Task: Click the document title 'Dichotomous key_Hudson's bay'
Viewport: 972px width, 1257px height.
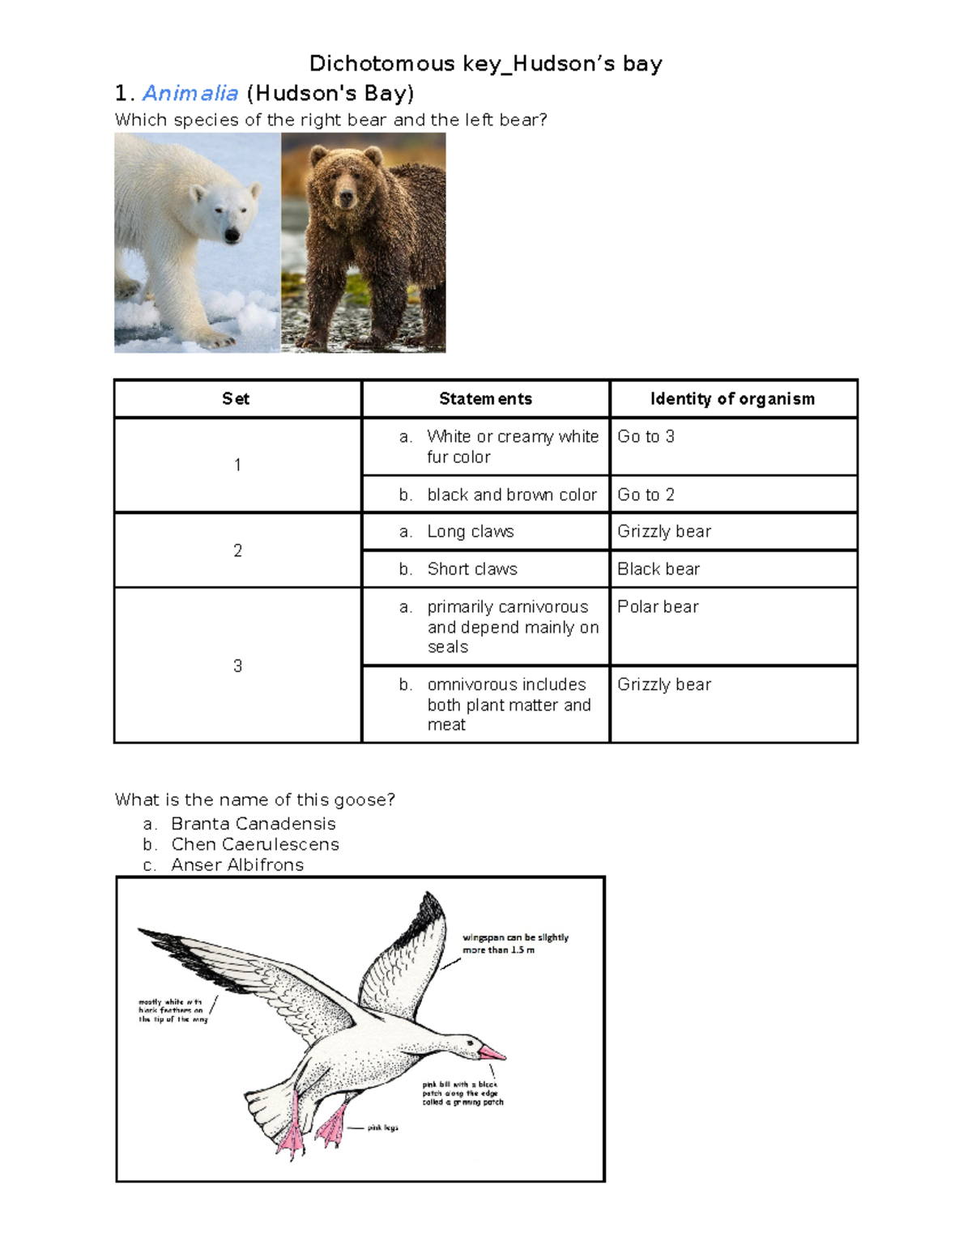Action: [x=486, y=63]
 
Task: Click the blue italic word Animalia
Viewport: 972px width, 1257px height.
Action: [x=190, y=93]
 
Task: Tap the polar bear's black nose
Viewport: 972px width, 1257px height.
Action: [x=232, y=236]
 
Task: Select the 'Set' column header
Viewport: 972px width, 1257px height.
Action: [x=236, y=398]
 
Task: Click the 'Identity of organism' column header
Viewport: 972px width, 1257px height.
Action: [x=732, y=398]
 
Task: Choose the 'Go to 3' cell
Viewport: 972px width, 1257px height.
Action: [x=646, y=436]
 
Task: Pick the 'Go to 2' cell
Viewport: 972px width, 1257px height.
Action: [x=646, y=495]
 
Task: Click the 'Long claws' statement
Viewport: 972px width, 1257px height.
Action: [x=471, y=532]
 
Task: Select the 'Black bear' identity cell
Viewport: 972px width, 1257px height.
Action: [x=658, y=569]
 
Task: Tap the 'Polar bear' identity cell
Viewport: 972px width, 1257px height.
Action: [x=657, y=607]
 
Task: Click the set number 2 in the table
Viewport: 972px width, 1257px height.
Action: [x=237, y=550]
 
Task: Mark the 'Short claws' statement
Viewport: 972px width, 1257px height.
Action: [x=472, y=569]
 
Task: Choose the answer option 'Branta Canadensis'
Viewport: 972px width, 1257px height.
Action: [x=253, y=823]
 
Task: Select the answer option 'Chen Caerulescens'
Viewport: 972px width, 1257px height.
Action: [x=254, y=844]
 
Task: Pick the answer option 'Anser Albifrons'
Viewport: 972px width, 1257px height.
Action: [x=237, y=864]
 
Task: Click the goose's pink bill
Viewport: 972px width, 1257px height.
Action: [x=491, y=1053]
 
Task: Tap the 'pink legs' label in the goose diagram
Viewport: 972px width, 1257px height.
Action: [x=382, y=1127]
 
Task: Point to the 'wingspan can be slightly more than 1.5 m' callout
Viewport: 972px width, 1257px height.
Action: [x=515, y=944]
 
